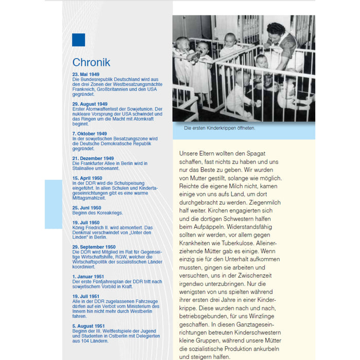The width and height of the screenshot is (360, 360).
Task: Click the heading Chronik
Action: coord(91,63)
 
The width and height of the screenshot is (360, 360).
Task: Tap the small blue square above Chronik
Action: coord(78,40)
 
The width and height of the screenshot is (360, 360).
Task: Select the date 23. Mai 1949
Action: coord(85,75)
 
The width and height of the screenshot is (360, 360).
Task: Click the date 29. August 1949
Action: coord(89,104)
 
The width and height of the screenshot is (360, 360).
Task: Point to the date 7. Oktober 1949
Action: coord(89,134)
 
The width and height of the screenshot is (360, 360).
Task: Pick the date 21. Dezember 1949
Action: coord(93,158)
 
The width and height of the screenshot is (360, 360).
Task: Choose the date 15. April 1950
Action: coord(87,178)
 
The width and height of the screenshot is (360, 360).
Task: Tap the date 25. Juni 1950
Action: coord(86,208)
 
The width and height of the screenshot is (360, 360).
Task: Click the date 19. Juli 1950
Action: coord(86,223)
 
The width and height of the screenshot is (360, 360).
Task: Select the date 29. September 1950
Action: coord(94,247)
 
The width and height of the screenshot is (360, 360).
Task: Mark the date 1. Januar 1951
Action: coord(88,277)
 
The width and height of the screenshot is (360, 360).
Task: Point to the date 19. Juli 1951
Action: coord(85,296)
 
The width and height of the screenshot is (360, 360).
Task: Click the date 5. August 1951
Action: coord(88,326)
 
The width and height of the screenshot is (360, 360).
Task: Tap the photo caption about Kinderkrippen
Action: coord(220,128)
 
